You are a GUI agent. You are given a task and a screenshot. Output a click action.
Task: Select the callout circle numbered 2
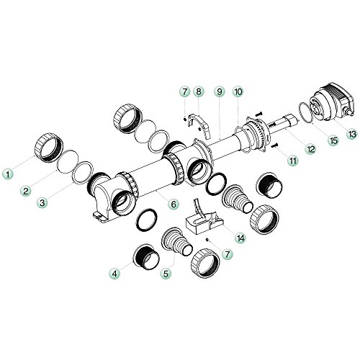tap(26, 191)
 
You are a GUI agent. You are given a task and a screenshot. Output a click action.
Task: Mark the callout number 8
tap(199, 92)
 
